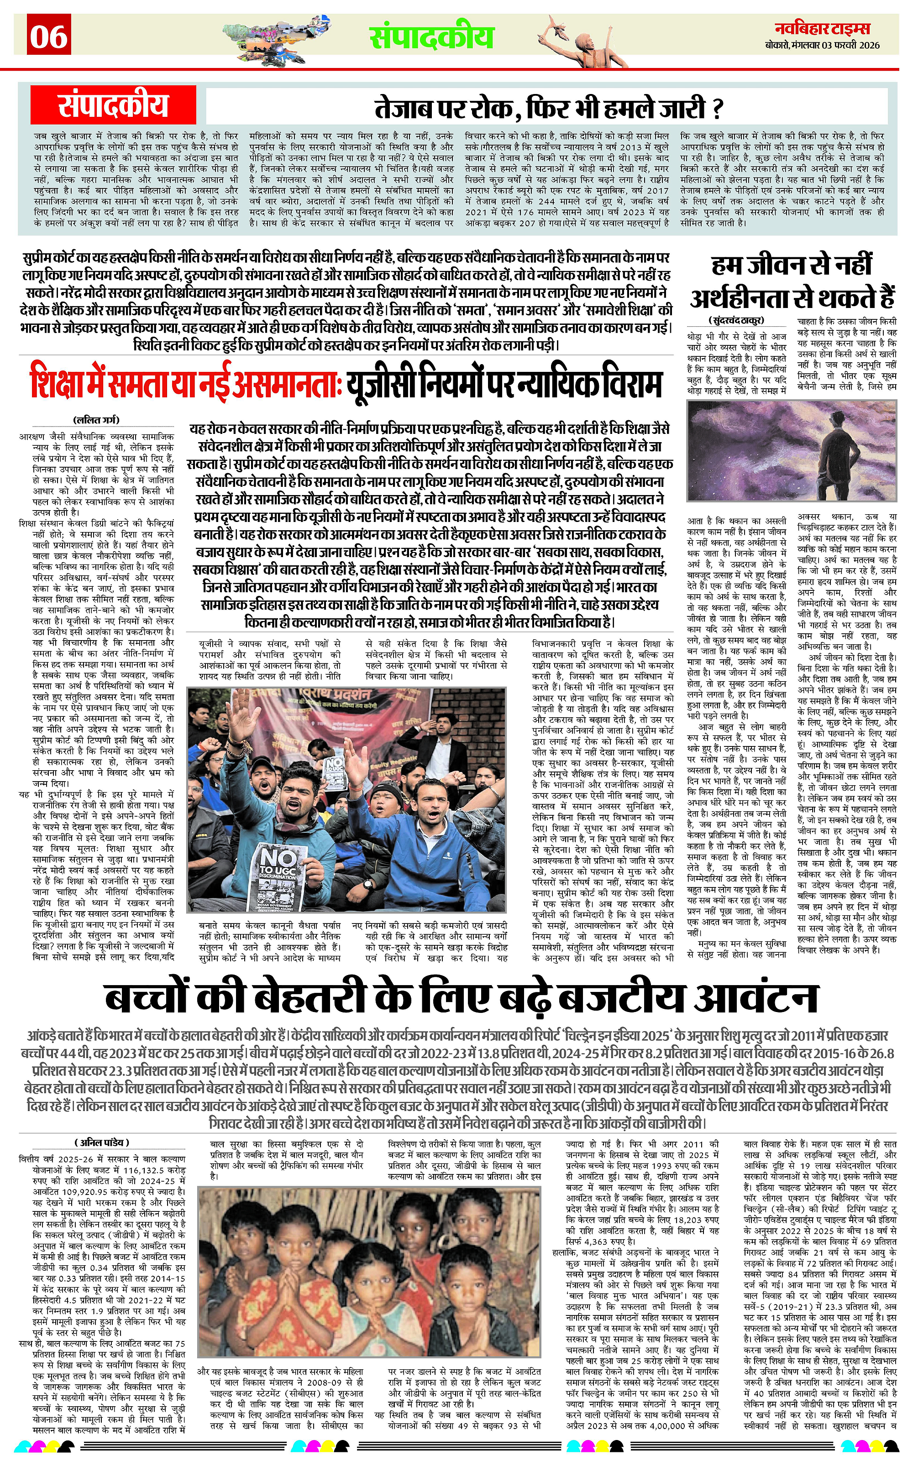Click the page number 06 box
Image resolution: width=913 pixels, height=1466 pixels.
click(x=49, y=36)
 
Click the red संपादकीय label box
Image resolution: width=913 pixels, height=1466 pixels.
click(x=114, y=105)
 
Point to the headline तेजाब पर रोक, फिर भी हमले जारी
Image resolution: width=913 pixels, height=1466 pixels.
click(x=548, y=109)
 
